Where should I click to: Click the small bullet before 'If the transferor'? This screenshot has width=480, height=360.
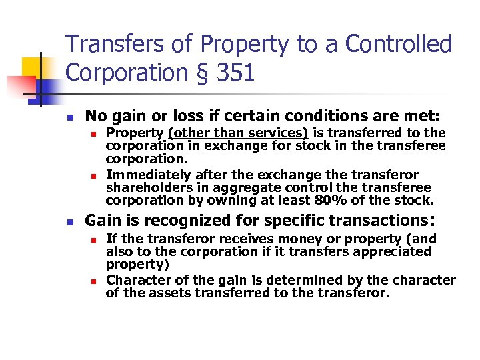click(94, 239)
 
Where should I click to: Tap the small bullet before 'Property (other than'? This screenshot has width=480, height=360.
click(94, 133)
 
